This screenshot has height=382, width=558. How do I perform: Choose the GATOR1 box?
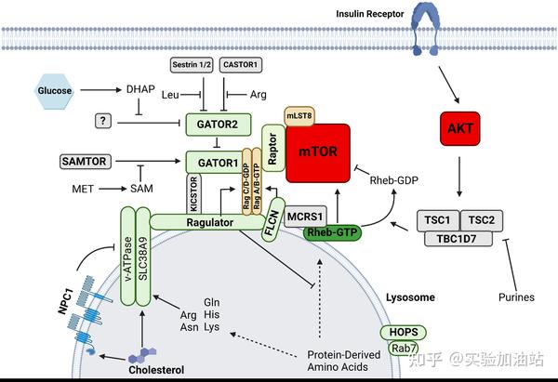[x=213, y=162]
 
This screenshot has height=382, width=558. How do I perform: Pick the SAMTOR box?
[x=85, y=162]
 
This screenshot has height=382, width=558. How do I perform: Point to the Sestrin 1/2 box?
[x=193, y=66]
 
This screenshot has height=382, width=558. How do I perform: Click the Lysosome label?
[x=411, y=298]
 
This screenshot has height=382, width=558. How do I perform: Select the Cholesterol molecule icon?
[x=140, y=353]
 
